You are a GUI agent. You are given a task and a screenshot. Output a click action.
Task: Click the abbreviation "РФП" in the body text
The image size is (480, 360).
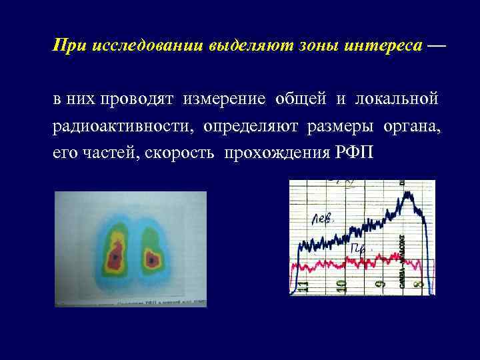353,153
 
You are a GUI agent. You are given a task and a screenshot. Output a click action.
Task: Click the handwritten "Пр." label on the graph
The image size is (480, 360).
359,249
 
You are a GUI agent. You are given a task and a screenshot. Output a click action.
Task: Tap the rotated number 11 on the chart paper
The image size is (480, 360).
303,285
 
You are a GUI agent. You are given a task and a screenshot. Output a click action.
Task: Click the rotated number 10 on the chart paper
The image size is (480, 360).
341,284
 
